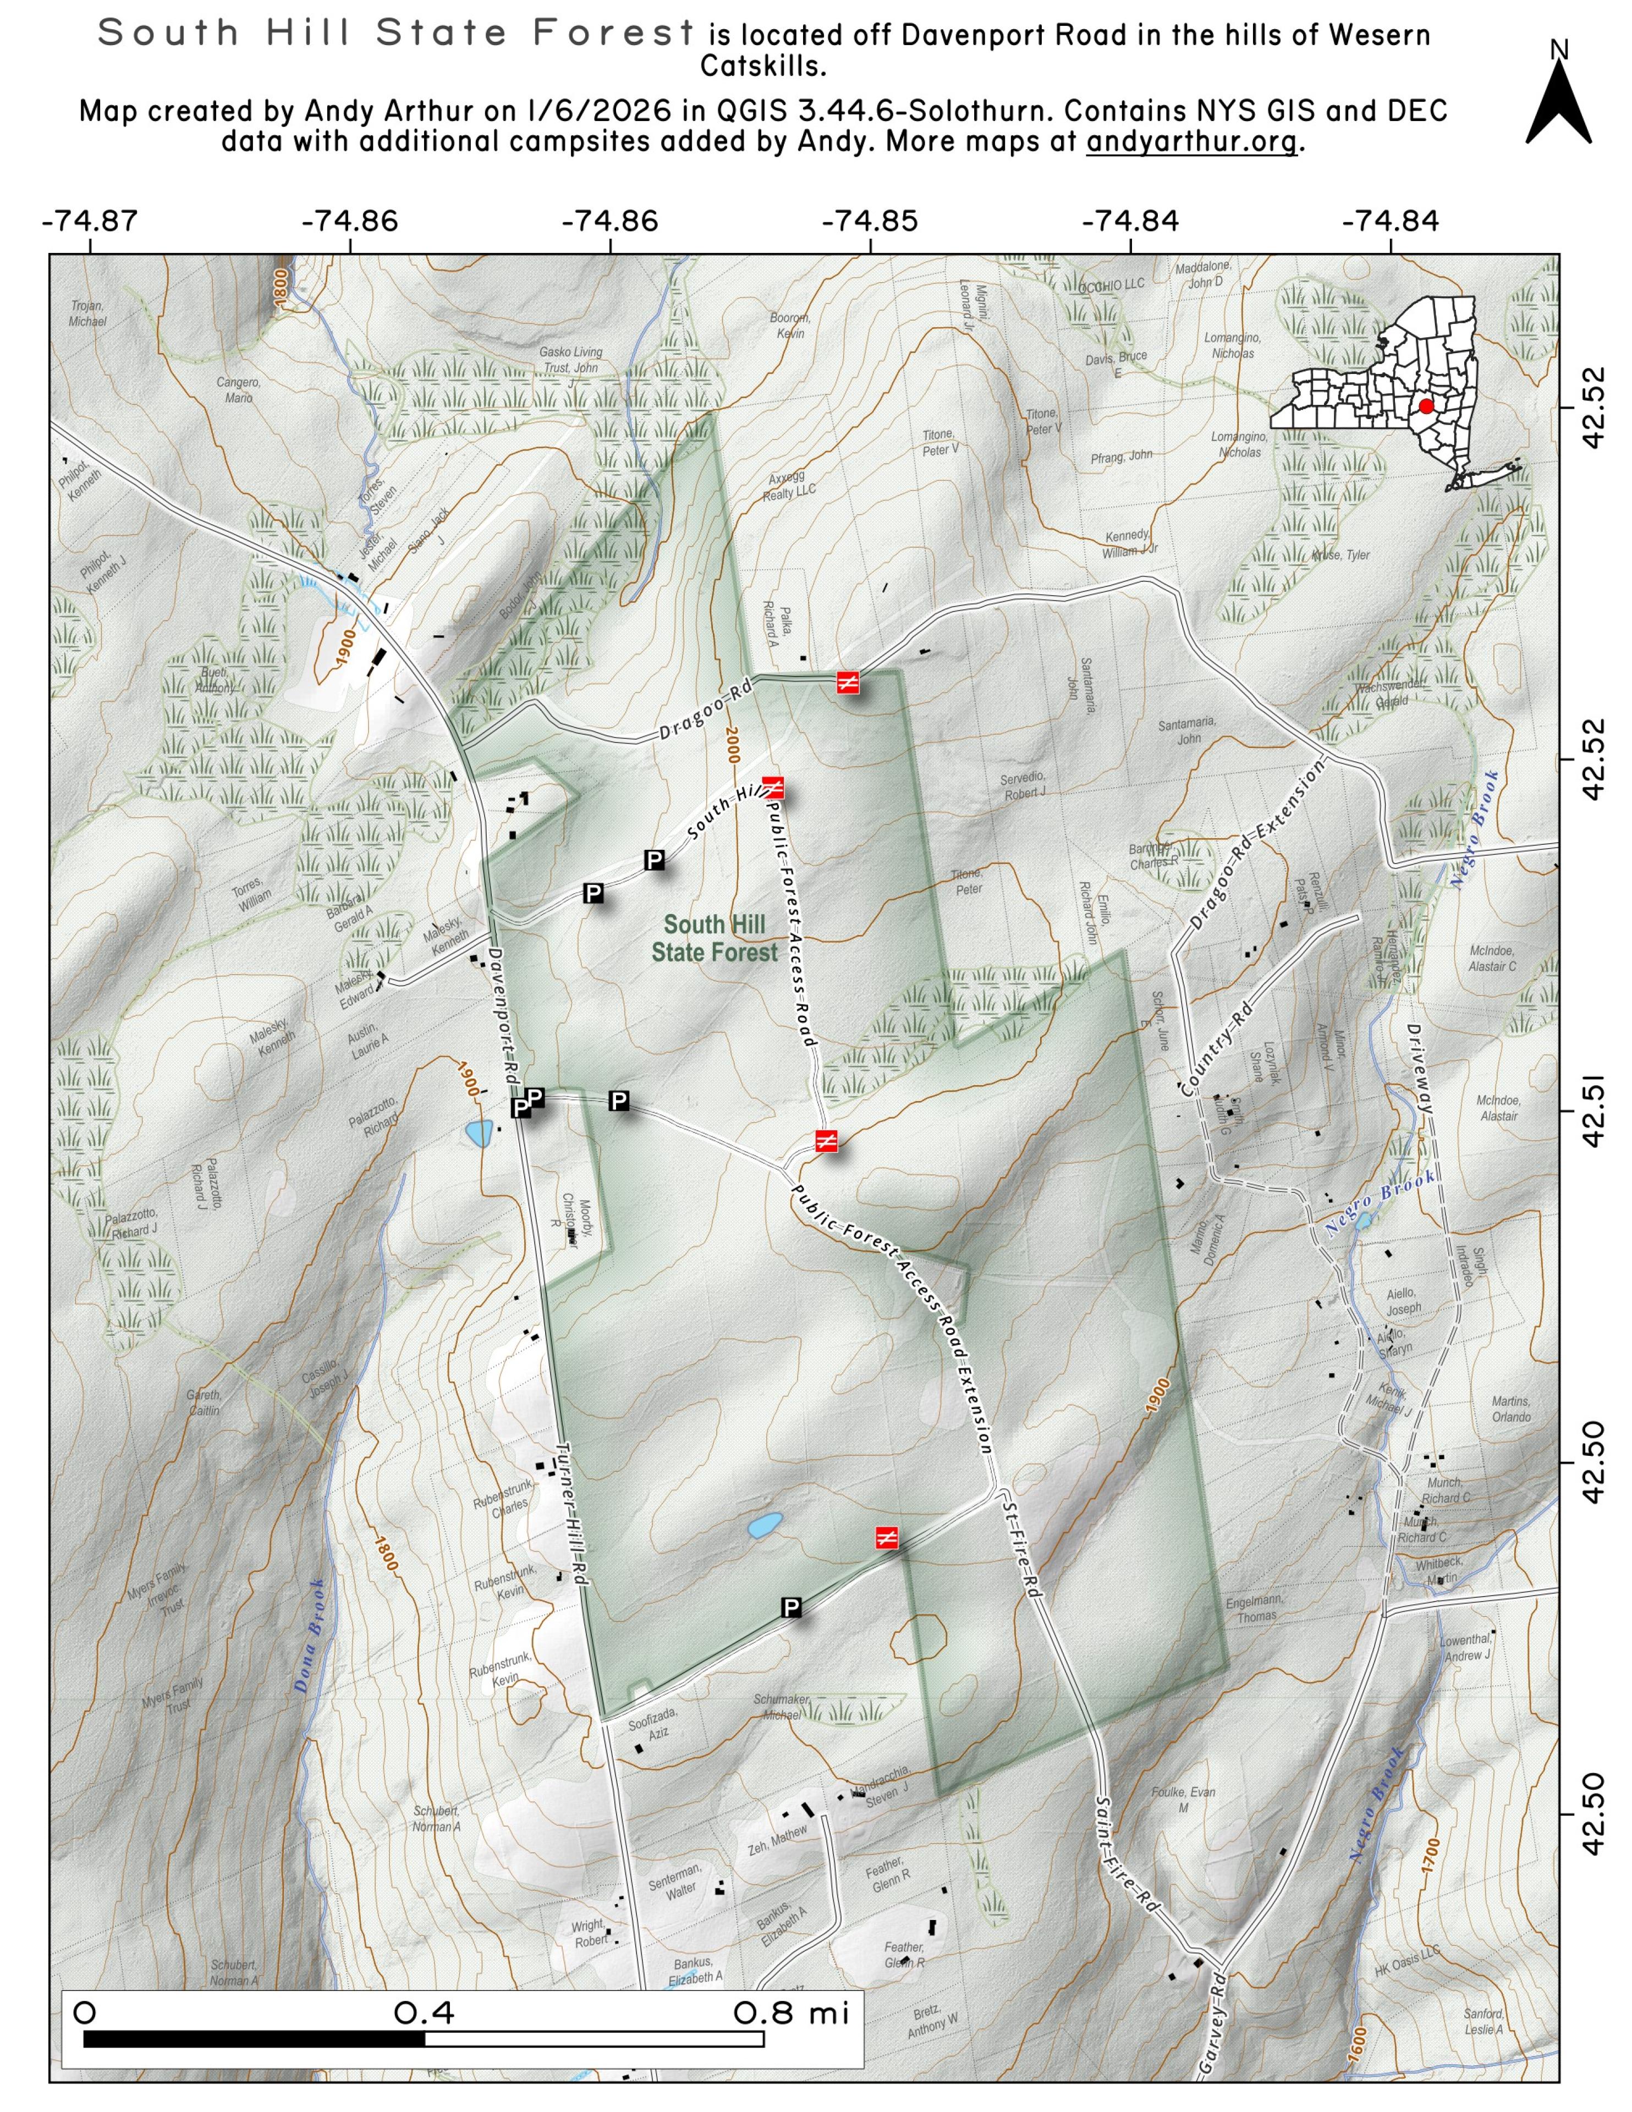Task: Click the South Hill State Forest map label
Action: [714, 938]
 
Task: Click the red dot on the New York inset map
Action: [1426, 406]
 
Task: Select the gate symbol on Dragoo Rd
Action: [848, 683]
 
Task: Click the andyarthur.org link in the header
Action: [1191, 142]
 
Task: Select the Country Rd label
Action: [1215, 1049]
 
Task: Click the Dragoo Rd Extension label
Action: [1256, 846]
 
